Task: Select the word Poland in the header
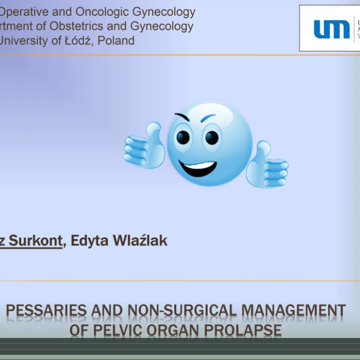point(115,40)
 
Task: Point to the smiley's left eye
point(183,137)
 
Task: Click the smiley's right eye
point(212,137)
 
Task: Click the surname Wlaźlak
point(139,240)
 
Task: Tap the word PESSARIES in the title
point(46,311)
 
